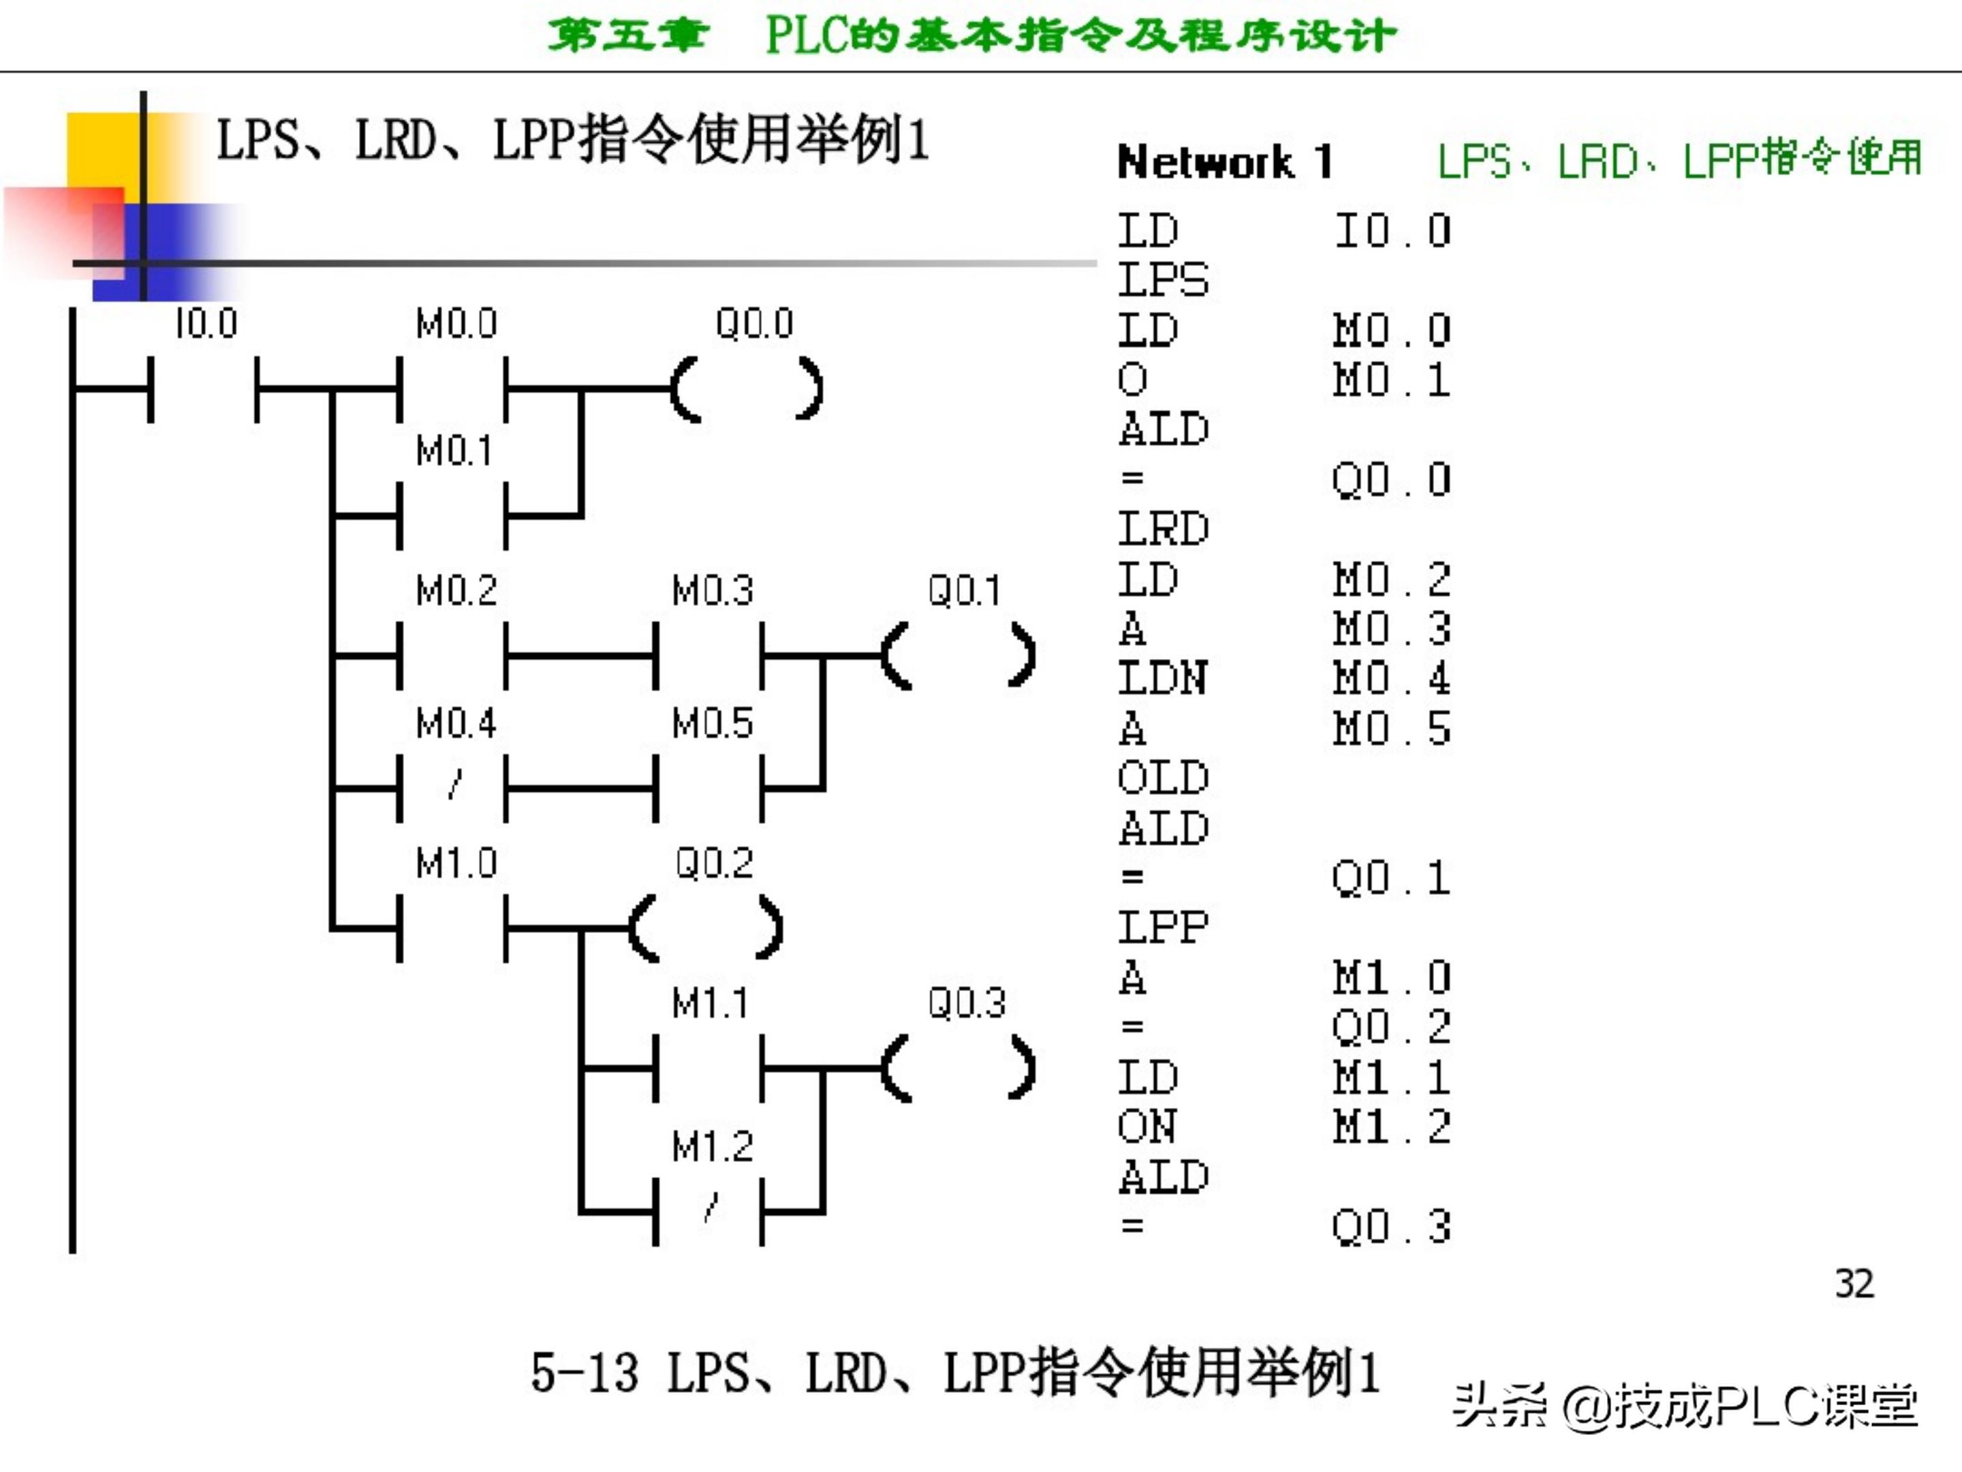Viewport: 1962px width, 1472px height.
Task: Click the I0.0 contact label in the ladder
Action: (x=206, y=324)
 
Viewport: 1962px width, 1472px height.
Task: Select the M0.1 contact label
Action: (x=454, y=450)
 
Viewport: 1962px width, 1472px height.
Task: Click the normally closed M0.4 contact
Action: (x=453, y=788)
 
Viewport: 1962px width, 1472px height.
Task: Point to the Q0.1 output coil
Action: (x=958, y=656)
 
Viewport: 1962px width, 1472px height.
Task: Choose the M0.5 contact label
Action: (x=712, y=724)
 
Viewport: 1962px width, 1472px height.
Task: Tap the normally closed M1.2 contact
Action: (x=708, y=1211)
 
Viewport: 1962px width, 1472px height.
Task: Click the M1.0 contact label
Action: (x=456, y=863)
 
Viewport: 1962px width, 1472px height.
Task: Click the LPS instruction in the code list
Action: (x=1163, y=280)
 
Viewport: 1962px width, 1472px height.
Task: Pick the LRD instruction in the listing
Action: (x=1163, y=530)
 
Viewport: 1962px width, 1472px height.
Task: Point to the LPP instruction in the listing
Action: (x=1163, y=928)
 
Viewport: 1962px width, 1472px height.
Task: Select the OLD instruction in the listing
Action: (x=1163, y=779)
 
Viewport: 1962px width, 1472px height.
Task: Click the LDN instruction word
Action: (x=1163, y=679)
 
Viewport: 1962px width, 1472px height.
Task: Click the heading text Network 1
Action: (x=1224, y=162)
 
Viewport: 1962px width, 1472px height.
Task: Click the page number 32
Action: (x=1854, y=1284)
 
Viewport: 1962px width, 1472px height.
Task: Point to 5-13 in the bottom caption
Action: (x=584, y=1373)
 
